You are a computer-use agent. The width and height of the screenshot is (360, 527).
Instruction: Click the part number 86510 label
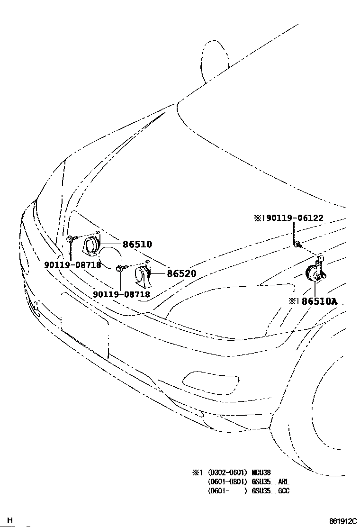tap(137, 245)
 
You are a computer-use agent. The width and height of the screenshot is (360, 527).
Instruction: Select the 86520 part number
tap(181, 273)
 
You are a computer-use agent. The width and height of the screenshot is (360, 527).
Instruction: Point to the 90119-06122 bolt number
tap(293, 218)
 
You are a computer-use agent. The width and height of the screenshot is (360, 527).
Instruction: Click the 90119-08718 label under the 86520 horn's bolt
tap(121, 294)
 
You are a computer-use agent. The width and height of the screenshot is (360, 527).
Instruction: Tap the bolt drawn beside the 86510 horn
tap(70, 238)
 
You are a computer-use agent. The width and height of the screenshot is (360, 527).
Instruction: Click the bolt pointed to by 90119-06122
tap(296, 245)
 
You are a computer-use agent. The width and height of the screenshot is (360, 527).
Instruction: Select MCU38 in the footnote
tap(261, 472)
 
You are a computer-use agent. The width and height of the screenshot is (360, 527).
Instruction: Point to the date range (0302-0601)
tap(227, 472)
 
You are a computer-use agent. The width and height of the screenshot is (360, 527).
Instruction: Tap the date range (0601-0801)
tap(227, 482)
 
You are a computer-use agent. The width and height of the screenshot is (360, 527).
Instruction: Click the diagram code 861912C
tap(343, 521)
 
